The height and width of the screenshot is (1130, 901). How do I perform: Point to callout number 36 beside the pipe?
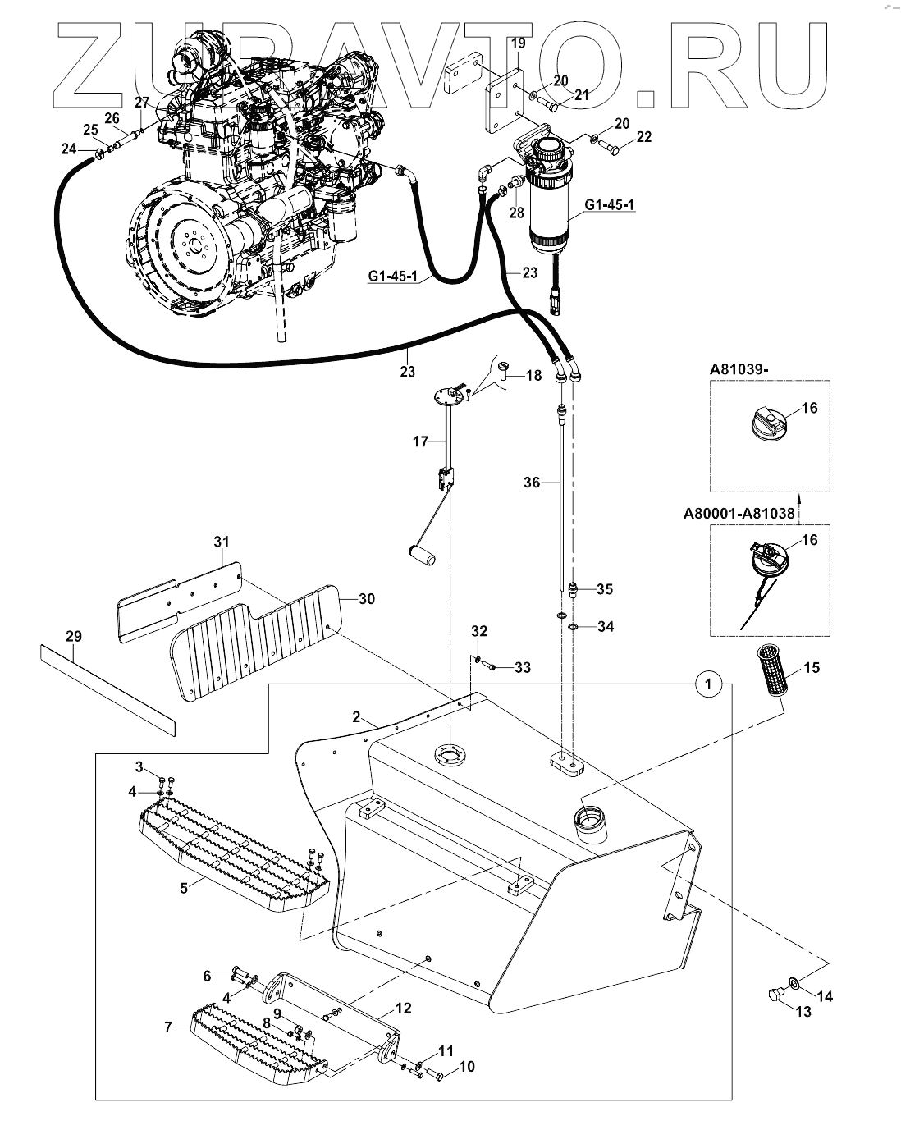[x=532, y=483]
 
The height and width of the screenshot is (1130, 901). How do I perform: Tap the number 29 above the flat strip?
[x=74, y=636]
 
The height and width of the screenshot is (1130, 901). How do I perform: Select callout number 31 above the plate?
[x=222, y=542]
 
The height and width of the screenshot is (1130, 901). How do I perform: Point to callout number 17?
[x=420, y=441]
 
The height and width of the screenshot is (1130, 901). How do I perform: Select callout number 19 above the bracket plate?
[x=518, y=43]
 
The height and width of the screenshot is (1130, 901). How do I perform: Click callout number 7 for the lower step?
[x=169, y=1027]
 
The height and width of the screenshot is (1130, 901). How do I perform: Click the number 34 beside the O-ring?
[x=606, y=627]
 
